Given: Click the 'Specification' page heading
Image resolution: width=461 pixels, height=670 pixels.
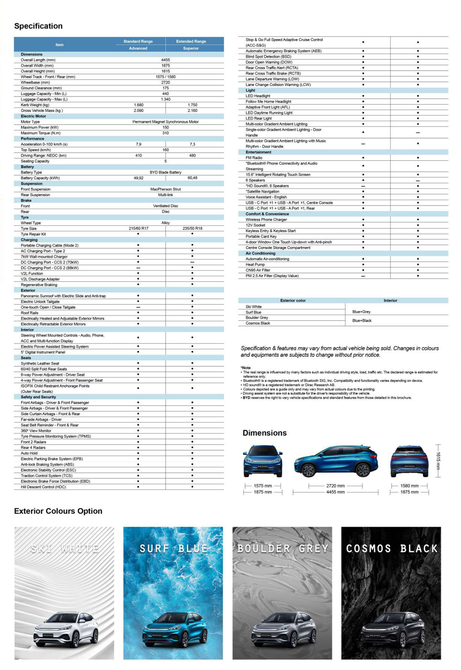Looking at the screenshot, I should pos(38,26).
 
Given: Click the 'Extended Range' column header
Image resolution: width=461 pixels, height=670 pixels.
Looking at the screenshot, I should pos(191,41).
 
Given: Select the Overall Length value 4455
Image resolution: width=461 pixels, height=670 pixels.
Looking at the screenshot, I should pos(165,60).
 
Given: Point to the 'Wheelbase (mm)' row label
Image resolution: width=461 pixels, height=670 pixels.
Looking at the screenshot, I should pos(35,83).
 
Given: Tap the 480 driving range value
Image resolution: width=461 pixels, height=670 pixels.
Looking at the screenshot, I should pos(192,155).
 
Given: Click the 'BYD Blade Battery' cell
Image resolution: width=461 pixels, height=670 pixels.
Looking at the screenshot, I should pos(165,172).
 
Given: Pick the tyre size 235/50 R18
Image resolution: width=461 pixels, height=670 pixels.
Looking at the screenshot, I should pos(192,228).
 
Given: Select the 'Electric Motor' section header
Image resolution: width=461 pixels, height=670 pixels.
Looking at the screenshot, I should pos(34,116).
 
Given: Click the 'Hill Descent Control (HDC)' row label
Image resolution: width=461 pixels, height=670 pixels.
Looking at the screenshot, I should pos(43,487).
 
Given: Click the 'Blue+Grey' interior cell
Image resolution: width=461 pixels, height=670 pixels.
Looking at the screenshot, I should pos(361,312).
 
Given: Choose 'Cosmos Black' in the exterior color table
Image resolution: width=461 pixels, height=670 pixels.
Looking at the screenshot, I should pos(258,323).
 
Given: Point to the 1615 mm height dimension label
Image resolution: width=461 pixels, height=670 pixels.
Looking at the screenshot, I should pos(438,461).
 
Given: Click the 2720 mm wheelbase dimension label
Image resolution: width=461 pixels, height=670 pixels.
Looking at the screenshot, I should pos(335,486).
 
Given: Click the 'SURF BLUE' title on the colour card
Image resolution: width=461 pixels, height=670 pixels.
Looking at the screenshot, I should pos(173,549).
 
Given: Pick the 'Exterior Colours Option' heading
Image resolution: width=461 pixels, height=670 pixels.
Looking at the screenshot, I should pos(58,511).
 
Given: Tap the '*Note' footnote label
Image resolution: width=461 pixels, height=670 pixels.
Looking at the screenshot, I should pos(246,368).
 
